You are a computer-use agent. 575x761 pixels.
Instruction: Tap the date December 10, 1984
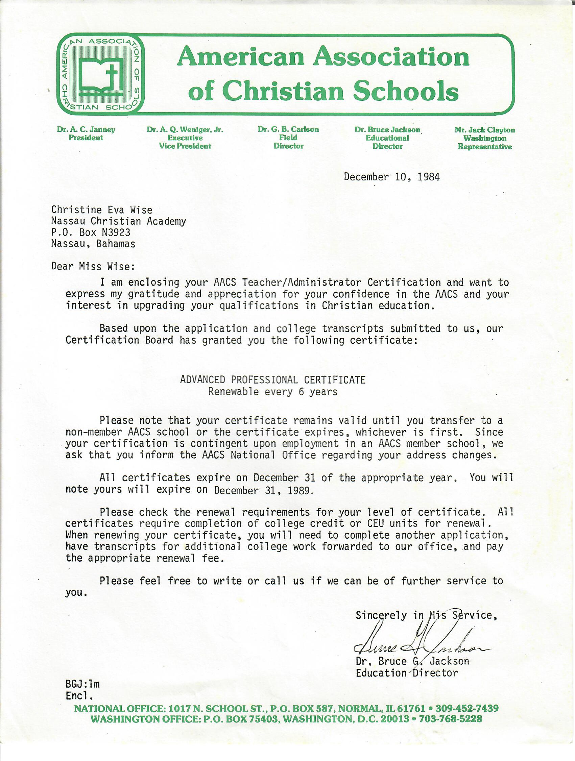point(391,177)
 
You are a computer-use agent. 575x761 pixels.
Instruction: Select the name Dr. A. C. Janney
point(86,130)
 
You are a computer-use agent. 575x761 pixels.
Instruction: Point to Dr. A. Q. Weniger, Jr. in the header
point(185,130)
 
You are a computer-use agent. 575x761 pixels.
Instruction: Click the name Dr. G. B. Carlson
point(288,129)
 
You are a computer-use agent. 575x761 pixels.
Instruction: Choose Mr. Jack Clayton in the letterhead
point(484,130)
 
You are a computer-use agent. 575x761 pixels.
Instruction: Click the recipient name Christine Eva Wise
point(101,210)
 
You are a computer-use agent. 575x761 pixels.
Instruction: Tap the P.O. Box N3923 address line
point(91,232)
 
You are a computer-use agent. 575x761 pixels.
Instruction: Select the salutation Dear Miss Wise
point(93,266)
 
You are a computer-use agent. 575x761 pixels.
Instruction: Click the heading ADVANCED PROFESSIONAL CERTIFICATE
point(272,380)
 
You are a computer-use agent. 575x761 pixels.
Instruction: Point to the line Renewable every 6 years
point(272,392)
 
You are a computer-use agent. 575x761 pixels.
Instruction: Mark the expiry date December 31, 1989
point(264,490)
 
